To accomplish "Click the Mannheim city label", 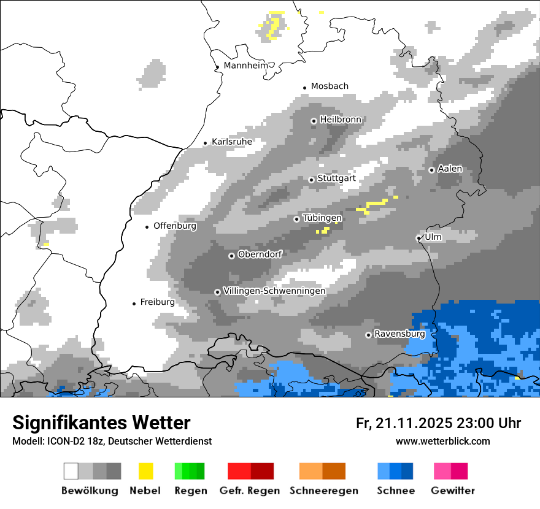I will coord(247,66).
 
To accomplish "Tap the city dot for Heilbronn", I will coord(314,121).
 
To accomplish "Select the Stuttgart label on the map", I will coord(336,178).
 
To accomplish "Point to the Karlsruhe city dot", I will coord(206,143).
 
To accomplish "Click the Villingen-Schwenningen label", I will coord(274,291).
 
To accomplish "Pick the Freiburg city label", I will coord(157,302).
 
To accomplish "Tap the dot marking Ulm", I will coord(418,238).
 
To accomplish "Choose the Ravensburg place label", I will coord(399,334).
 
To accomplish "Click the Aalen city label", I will coord(450,169).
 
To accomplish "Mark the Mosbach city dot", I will coord(304,88).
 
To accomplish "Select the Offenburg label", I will coord(175,226).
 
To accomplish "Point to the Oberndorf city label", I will coord(260,255).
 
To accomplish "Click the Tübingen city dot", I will coord(296,219).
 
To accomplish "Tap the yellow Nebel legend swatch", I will coord(145,471).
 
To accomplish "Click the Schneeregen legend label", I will coord(323,491).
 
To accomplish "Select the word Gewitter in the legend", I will coord(452,491).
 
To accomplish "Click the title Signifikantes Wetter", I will coord(101,423).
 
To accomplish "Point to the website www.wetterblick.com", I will coord(442,441).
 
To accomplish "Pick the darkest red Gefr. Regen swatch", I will coord(262,471).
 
